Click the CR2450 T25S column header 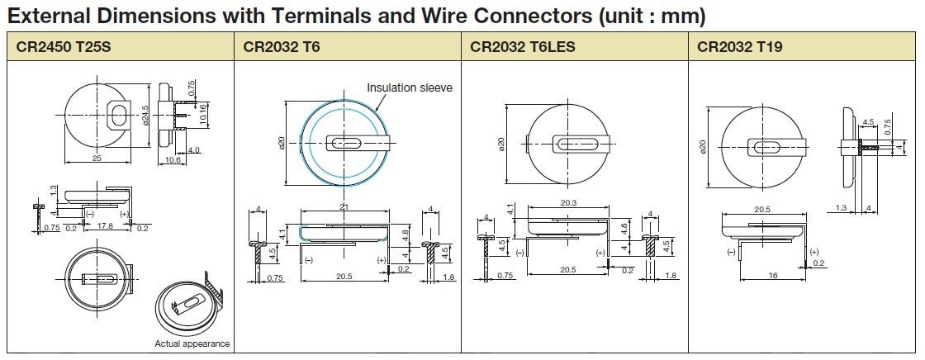point(63,47)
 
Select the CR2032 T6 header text point(282,47)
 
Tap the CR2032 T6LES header point(522,47)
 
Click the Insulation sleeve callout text point(410,88)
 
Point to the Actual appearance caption point(192,343)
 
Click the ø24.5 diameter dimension point(145,116)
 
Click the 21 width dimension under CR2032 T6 point(343,206)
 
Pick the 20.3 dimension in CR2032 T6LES point(567,203)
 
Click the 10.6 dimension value point(173,160)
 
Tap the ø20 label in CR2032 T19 point(703,146)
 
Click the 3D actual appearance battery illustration point(192,306)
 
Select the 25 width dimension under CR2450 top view point(97,159)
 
